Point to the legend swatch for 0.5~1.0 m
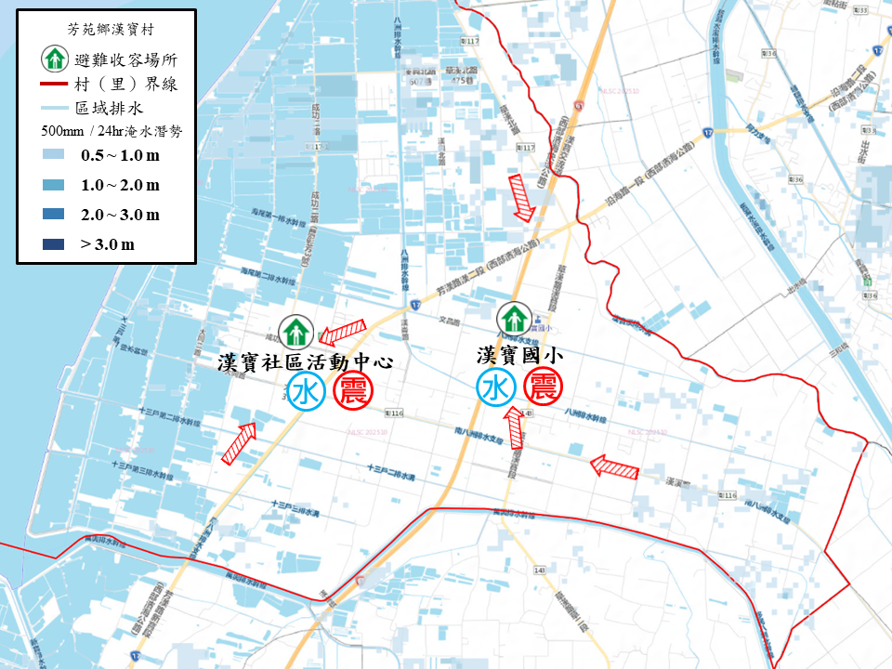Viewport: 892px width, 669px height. pos(54,155)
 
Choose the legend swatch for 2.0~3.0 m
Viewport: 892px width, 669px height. pos(54,215)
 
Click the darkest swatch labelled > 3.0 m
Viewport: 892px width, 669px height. pos(54,244)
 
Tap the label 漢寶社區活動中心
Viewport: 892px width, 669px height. pos(306,361)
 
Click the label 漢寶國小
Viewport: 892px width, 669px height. pos(519,355)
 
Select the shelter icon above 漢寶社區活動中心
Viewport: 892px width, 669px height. pos(296,329)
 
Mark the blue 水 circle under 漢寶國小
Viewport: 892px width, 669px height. pos(496,388)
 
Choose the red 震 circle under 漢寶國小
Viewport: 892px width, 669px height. pos(544,387)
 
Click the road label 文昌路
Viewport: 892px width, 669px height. pos(450,321)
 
